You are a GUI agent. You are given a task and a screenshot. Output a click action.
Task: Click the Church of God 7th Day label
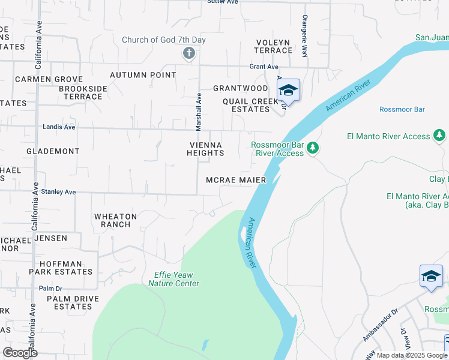click(164, 40)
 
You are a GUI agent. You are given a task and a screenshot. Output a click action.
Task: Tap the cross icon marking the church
click(188, 54)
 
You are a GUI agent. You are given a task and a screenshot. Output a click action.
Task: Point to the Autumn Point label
click(143, 75)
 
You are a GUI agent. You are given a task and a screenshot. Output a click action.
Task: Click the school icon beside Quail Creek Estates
click(289, 91)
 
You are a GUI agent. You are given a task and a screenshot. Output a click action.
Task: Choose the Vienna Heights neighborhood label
click(206, 149)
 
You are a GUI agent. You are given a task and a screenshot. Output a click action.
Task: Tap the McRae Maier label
click(236, 180)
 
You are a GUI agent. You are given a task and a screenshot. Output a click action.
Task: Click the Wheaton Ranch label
click(116, 220)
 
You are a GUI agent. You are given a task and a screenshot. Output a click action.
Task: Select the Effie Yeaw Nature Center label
click(173, 279)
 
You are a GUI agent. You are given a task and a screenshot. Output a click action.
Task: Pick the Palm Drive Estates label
click(65, 302)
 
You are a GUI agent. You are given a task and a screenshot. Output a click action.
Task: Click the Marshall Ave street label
click(198, 112)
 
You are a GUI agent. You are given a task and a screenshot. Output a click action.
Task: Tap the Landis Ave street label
click(59, 127)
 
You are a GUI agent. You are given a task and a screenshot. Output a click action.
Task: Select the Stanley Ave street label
click(58, 192)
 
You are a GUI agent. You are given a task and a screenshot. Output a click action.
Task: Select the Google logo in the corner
click(20, 353)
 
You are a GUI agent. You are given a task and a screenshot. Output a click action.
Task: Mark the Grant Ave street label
click(264, 67)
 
